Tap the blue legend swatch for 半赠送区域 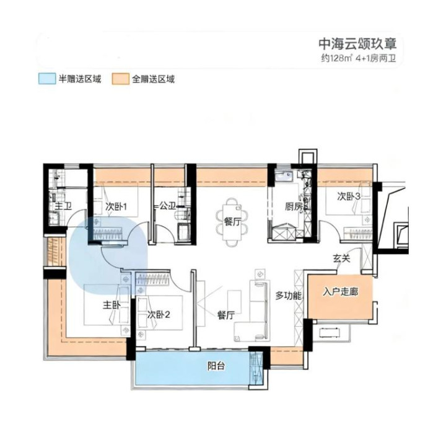point(47,79)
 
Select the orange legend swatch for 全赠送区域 point(120,79)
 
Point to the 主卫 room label point(63,206)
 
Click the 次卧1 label point(116,206)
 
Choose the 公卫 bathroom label point(167,206)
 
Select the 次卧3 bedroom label point(349,196)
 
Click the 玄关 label point(341,258)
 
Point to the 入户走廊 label point(341,292)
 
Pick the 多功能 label point(288,296)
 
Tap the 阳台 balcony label point(216,366)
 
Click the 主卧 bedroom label point(111,306)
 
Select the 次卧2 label point(159,314)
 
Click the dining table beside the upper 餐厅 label point(232,222)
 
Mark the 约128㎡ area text point(337,59)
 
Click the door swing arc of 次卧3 point(331,227)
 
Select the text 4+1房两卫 point(376,59)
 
